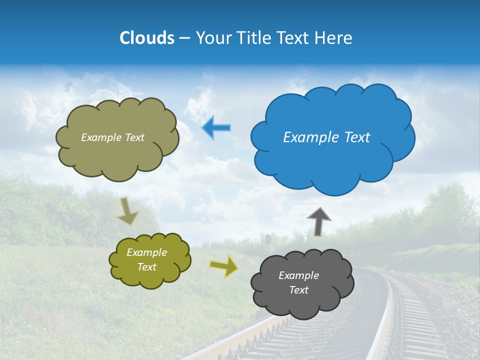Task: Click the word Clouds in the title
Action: coord(146,38)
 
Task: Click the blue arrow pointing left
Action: coord(216,128)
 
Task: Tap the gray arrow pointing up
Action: coord(319,221)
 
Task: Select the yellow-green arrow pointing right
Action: coord(224,266)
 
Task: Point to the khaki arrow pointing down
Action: coord(127,211)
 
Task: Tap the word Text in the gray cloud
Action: coord(299,290)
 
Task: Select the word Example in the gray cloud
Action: coord(299,275)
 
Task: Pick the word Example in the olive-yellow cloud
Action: coord(147,252)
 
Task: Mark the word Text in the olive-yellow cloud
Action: coord(147,267)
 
